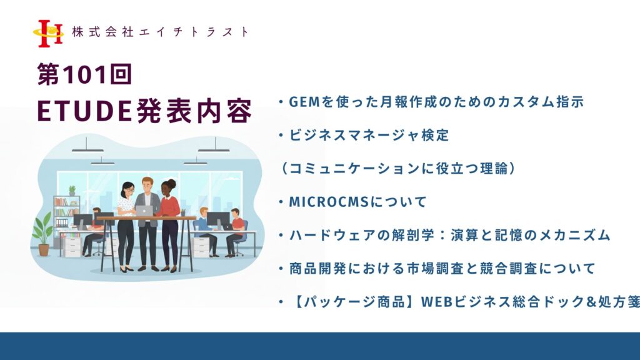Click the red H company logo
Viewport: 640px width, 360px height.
coord(48,34)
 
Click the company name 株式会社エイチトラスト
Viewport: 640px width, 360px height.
coord(160,32)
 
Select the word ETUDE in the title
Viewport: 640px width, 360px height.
coord(84,111)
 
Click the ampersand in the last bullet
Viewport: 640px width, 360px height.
coord(592,302)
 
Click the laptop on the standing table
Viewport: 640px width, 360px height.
coord(144,211)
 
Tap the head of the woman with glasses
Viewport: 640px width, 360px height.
coord(127,189)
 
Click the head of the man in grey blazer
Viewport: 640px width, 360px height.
coord(147,184)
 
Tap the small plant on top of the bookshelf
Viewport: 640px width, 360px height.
coord(72,191)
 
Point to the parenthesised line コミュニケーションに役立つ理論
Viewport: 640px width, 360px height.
coord(398,168)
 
